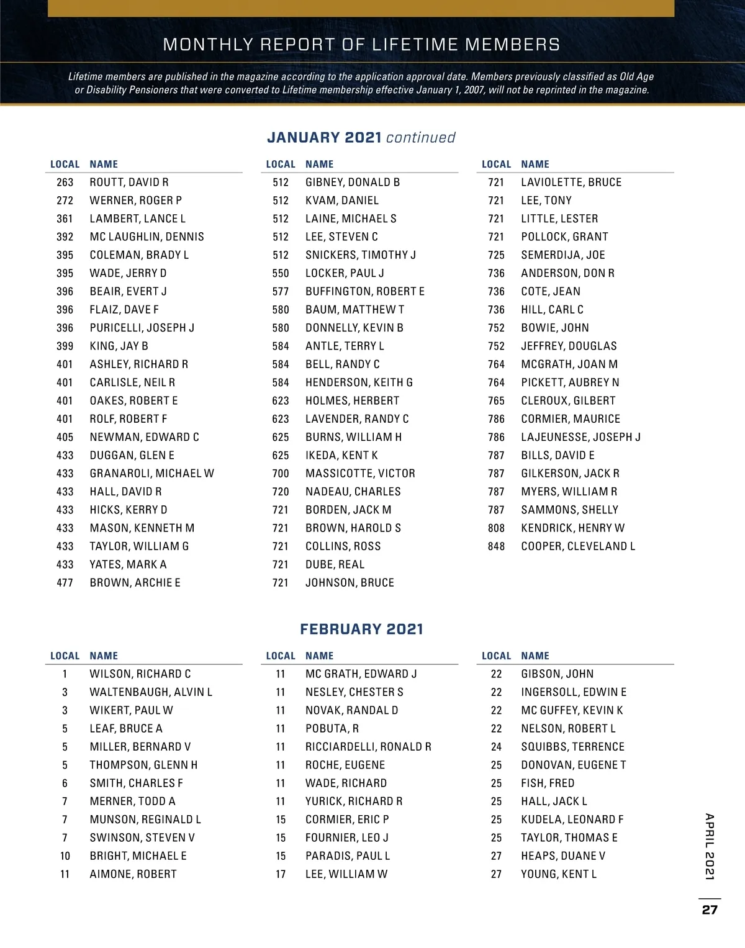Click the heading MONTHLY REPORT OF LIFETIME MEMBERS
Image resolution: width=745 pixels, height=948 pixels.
[x=361, y=45]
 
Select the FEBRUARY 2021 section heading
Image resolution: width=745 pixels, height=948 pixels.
[x=361, y=629]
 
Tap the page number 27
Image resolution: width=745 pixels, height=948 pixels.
[x=710, y=910]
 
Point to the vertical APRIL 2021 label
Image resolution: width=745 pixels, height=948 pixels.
[x=710, y=846]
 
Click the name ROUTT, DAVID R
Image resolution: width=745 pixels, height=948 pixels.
[x=129, y=183]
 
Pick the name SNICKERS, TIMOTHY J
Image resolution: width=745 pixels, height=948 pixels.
[x=361, y=255]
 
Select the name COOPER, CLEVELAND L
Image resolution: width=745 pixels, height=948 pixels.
[x=578, y=546]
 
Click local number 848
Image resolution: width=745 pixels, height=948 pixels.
[x=496, y=546]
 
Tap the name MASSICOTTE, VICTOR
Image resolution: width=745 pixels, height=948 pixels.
[x=360, y=474]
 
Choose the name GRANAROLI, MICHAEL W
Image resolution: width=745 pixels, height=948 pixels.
[x=151, y=474]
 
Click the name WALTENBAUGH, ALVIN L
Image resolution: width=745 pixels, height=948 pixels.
[x=151, y=692]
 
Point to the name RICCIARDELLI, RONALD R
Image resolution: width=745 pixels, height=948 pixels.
[x=368, y=747]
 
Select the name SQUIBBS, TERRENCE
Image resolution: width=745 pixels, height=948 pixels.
[x=572, y=747]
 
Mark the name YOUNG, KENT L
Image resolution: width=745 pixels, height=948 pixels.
[x=559, y=874]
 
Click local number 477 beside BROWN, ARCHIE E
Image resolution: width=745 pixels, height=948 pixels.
[x=65, y=583]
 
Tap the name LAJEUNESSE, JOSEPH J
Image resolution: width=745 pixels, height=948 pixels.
[x=580, y=437]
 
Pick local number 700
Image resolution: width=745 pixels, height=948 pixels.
[x=281, y=474]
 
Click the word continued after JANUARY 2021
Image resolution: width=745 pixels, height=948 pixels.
[x=421, y=137]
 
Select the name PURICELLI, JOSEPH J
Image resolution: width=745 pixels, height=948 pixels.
[x=142, y=328]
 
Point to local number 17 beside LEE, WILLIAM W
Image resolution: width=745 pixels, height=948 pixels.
[x=281, y=874]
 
